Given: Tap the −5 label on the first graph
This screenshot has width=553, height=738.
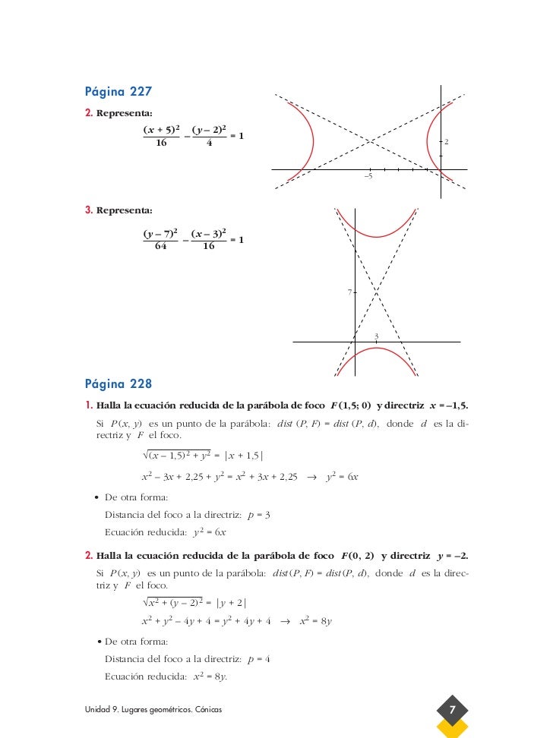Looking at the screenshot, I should pos(368,176).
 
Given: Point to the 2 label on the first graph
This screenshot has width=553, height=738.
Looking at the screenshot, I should pos(447,142).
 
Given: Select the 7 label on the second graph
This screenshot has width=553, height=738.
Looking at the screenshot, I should pos(349,292).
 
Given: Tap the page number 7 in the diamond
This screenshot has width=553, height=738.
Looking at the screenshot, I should pos(452,710).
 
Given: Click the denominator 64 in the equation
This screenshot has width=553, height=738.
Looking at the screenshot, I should pos(160,246).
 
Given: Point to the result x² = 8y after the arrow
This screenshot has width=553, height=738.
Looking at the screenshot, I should pos(316,621).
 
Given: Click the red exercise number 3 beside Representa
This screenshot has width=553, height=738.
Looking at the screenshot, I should pos(88,210).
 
